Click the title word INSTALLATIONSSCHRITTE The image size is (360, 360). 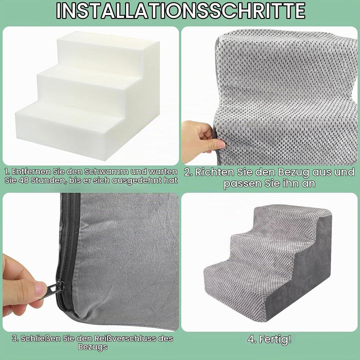180,10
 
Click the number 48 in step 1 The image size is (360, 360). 23,180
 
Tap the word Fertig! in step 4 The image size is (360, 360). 275,339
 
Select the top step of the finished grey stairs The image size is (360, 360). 291,218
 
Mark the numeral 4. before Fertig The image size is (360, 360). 252,339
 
